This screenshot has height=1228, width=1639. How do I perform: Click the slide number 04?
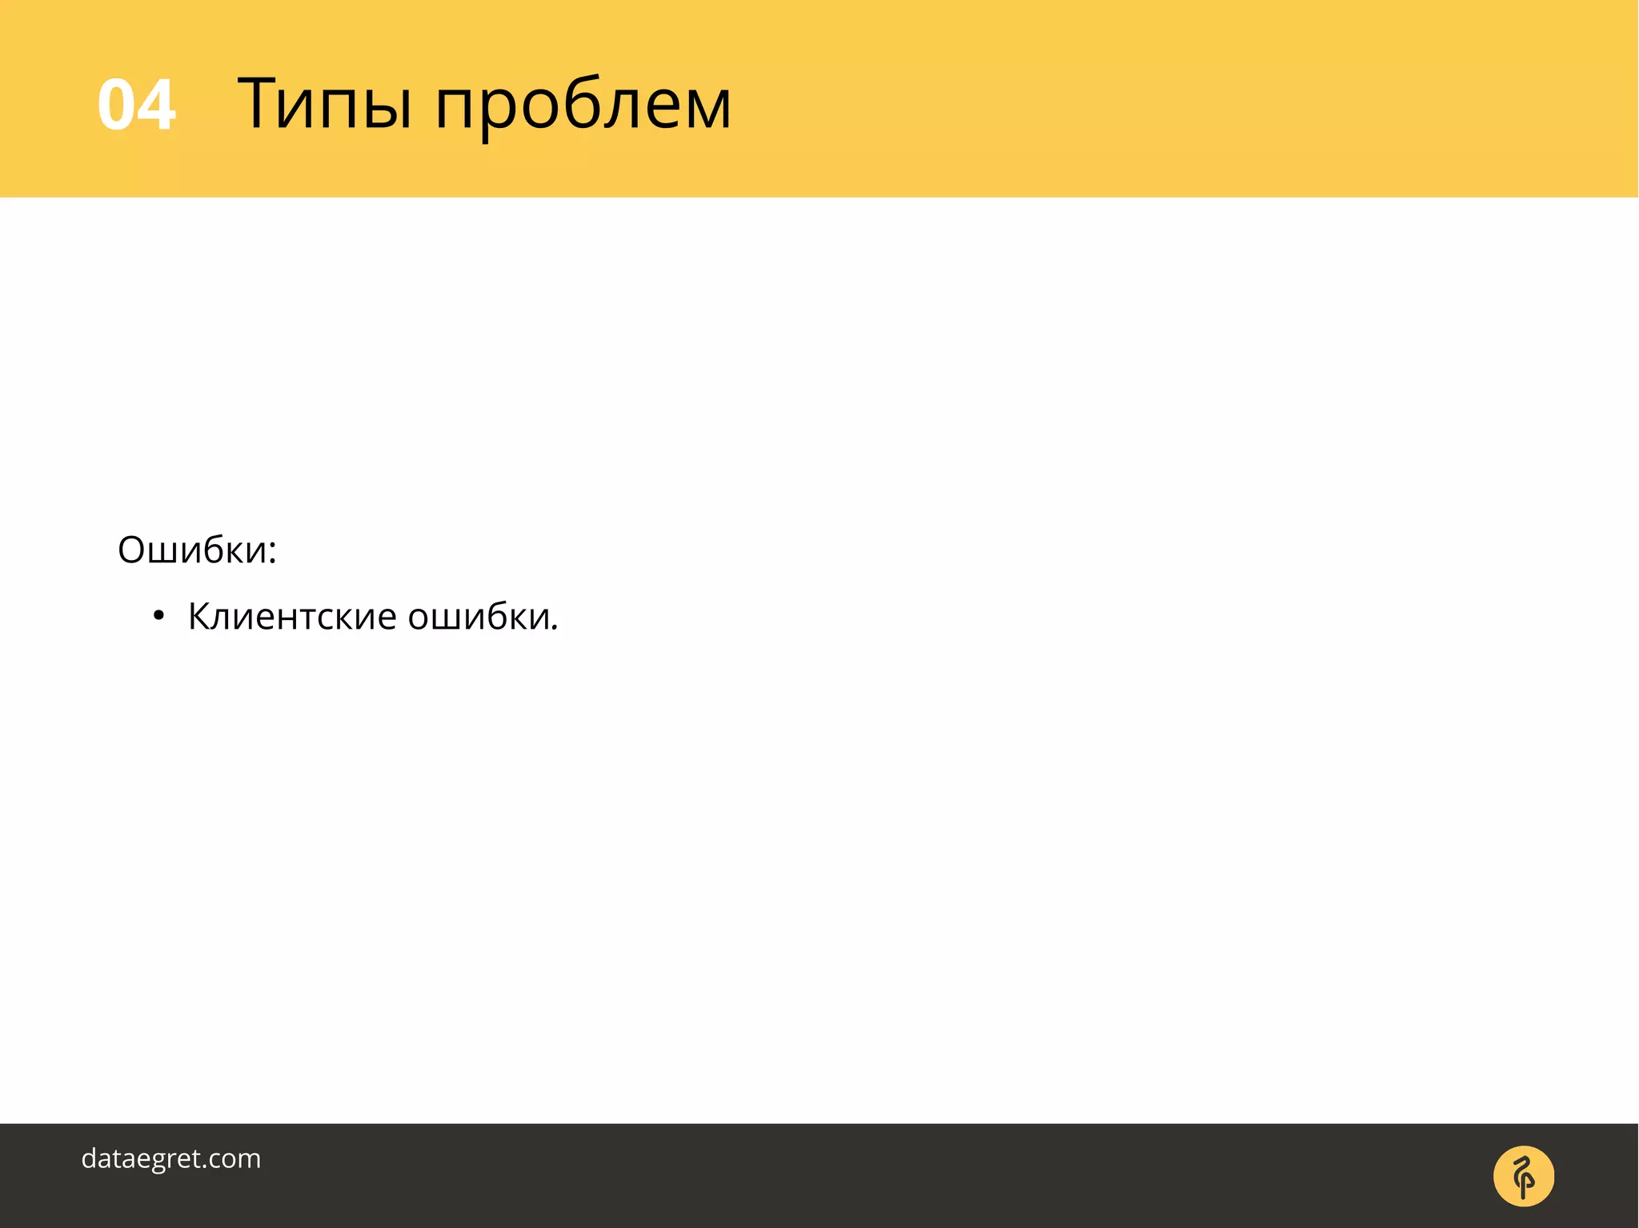136,105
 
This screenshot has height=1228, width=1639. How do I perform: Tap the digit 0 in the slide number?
116,105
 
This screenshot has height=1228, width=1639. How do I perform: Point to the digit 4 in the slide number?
157,105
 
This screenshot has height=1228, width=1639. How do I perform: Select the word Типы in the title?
324,105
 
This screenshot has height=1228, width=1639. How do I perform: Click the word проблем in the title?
583,108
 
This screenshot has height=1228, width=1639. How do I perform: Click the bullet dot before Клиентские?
158,617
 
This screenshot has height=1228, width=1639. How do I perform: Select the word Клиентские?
292,617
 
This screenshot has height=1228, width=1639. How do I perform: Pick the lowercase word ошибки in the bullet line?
480,617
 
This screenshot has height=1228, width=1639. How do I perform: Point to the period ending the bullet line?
555,629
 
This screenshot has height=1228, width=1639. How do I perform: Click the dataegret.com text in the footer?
171,1158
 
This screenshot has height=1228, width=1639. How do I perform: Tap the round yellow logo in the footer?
1523,1176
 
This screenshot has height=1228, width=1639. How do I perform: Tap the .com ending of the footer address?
232,1158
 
